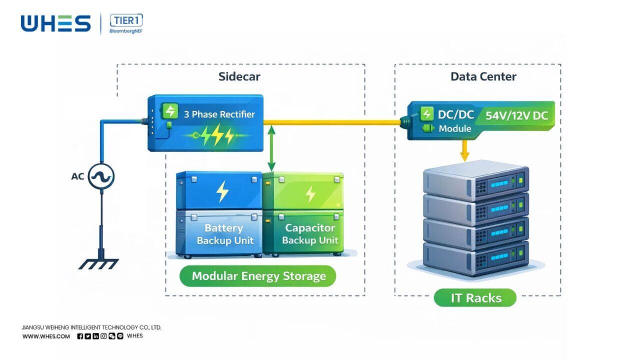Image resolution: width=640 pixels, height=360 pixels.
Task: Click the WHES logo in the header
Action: [55, 23]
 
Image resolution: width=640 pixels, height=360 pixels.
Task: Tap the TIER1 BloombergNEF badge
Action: [126, 23]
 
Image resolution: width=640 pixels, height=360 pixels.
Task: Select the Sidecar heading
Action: [239, 76]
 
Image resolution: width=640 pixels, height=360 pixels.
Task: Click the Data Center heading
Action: [483, 76]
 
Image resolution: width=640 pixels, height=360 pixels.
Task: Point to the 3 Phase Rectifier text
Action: [219, 114]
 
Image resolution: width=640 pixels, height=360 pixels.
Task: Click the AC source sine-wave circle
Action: [101, 176]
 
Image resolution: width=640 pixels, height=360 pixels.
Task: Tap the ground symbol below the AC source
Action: [99, 263]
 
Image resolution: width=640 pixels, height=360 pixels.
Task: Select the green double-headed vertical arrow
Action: [271, 148]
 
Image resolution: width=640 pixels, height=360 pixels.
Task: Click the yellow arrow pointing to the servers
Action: [464, 150]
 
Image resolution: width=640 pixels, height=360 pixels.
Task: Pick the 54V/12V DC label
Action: [516, 116]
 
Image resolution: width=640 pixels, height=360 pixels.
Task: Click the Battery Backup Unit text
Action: [224, 234]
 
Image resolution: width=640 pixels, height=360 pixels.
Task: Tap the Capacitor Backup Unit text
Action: [310, 234]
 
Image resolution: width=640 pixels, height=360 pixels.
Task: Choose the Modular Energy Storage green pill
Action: [258, 276]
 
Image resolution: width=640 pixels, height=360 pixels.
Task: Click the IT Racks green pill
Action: [475, 298]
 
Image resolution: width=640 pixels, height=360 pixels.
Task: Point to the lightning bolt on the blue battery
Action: [222, 191]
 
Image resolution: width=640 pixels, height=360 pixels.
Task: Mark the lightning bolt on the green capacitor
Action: [310, 193]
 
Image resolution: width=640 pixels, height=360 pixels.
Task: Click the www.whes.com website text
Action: [46, 336]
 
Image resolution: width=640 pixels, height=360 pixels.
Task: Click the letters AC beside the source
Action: [77, 176]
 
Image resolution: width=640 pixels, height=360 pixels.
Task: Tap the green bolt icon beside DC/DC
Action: [426, 114]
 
